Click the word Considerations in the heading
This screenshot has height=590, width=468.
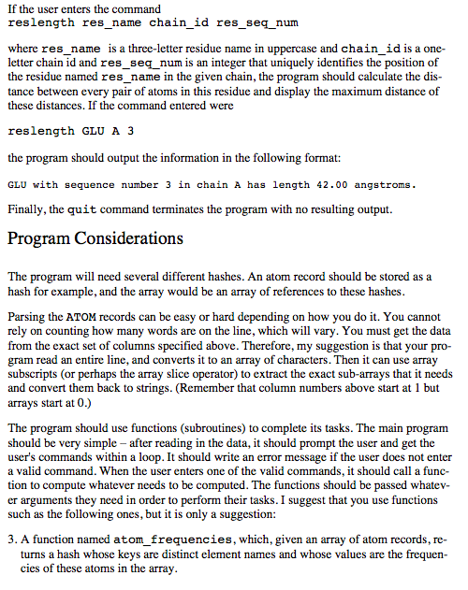124,237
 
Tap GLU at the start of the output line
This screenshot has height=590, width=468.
18,185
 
